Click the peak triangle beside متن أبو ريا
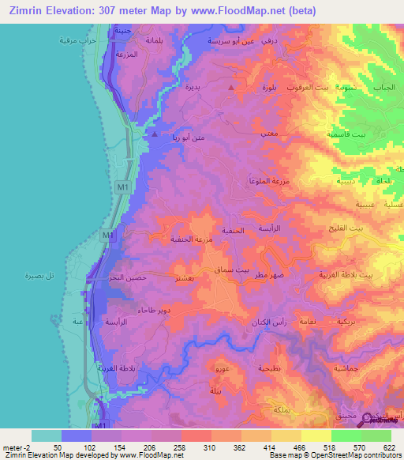[x=155, y=134]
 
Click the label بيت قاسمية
[x=346, y=134]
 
